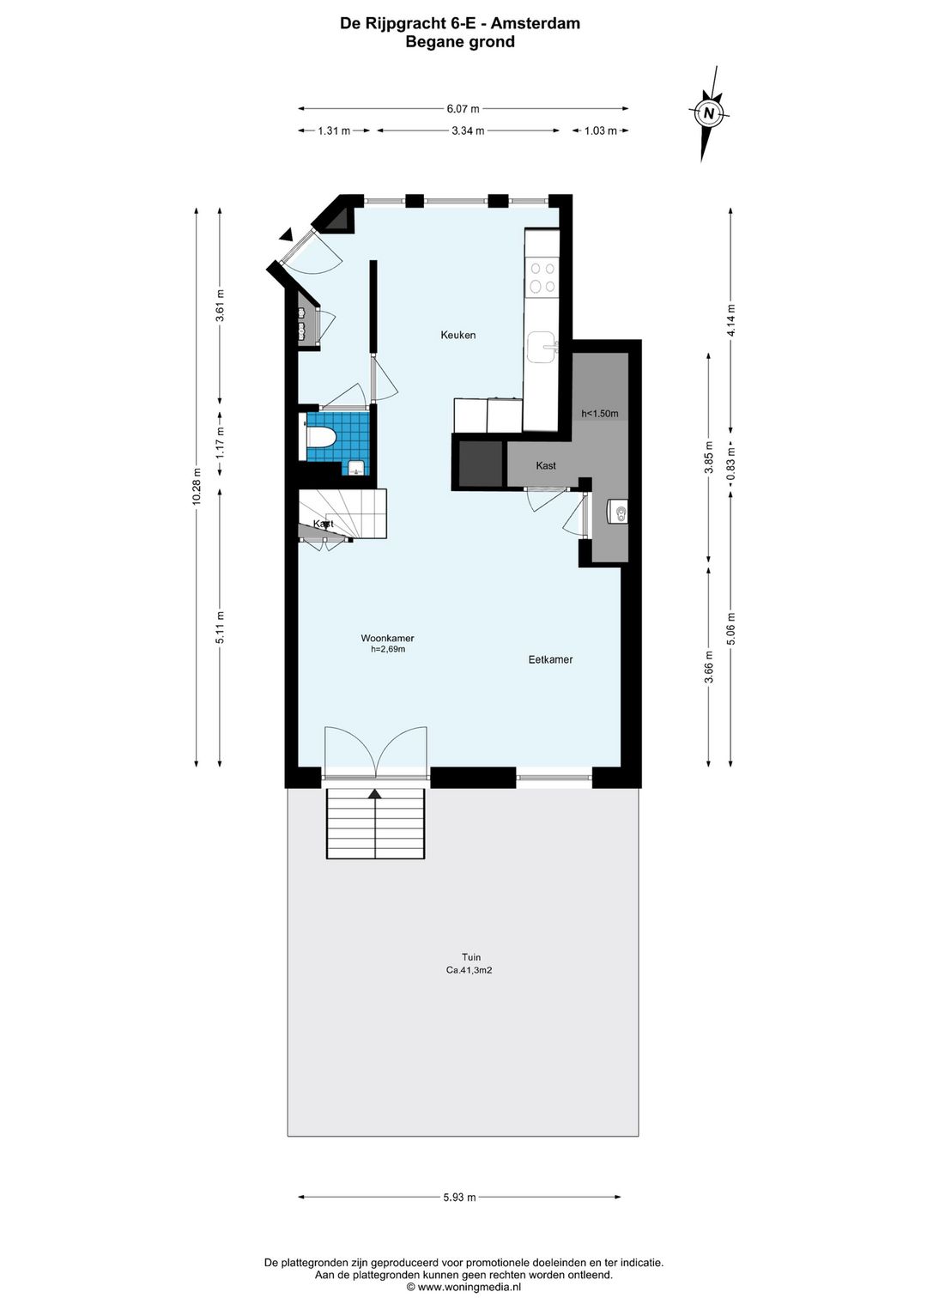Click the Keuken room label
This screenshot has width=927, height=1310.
458,335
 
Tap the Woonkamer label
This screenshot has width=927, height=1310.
387,638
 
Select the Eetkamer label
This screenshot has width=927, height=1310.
550,659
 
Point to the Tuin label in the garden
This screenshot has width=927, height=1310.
471,957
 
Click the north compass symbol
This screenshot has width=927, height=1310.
710,113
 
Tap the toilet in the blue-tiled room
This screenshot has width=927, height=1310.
320,437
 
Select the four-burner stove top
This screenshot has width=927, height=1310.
542,278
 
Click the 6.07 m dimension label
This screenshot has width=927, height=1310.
463,108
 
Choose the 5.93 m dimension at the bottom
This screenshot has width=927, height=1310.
460,1197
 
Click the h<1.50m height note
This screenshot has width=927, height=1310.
599,414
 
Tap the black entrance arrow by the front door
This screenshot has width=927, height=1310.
286,234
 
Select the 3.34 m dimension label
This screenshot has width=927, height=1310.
468,130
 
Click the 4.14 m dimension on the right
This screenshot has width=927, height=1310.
730,320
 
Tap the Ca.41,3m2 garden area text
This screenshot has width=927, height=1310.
469,970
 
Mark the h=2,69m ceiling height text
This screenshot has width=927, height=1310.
388,649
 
